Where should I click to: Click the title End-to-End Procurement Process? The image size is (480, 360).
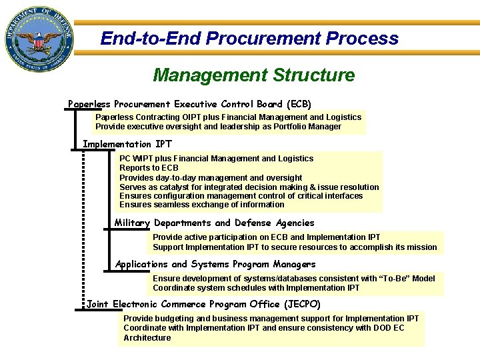(x=249, y=39)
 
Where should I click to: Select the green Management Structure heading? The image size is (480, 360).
(x=253, y=75)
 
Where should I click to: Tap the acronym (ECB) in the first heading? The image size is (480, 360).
(x=298, y=104)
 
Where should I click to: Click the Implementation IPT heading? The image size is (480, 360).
(x=127, y=144)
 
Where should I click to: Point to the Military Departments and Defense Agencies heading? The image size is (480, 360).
(x=214, y=223)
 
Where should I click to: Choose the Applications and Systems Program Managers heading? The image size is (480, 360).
(x=215, y=265)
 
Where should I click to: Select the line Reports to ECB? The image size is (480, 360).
(x=149, y=168)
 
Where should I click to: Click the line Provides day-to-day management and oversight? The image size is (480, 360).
(x=211, y=177)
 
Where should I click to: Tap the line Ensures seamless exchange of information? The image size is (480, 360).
(x=201, y=205)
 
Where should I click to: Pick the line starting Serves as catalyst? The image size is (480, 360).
(x=249, y=187)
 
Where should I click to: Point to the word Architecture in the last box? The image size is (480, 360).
(x=147, y=337)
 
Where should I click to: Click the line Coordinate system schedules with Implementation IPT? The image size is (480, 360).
(x=255, y=288)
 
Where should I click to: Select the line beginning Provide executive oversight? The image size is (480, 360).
(x=218, y=127)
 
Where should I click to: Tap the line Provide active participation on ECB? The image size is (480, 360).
(x=266, y=237)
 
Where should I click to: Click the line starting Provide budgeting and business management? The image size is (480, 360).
(x=271, y=319)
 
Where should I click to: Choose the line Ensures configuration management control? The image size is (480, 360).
(x=241, y=196)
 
